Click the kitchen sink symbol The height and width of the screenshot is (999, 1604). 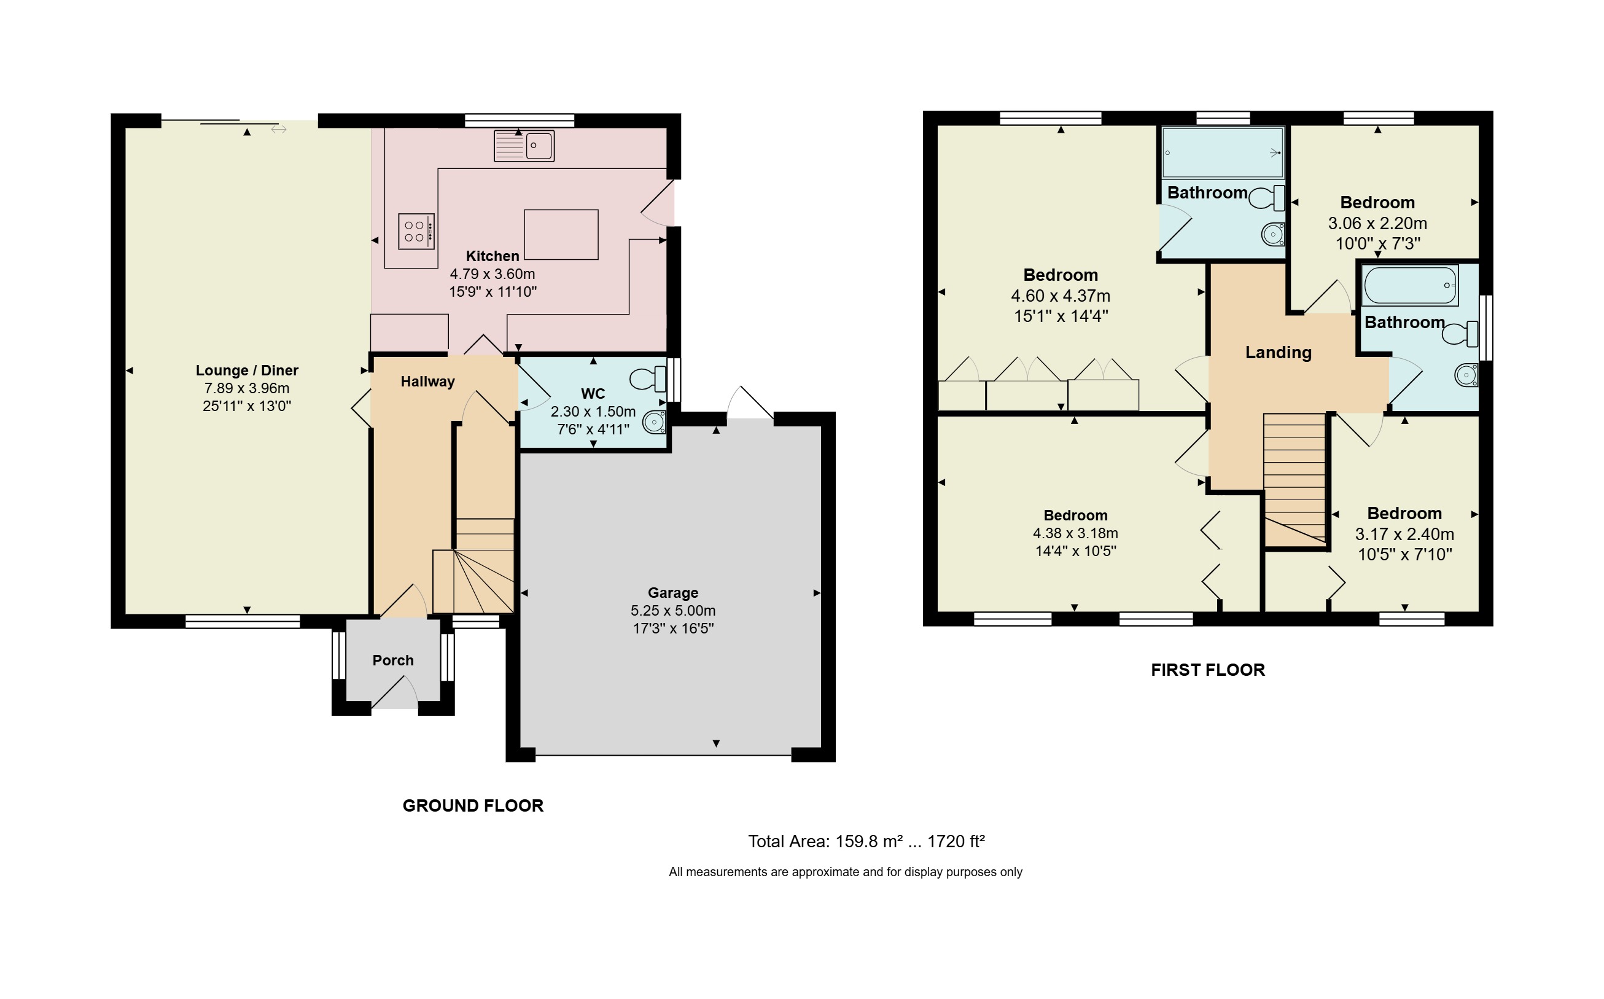[524, 146]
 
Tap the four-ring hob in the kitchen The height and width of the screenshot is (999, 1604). [416, 231]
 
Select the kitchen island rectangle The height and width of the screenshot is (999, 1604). [561, 235]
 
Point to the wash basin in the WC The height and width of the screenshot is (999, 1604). [655, 421]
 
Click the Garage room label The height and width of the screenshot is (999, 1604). [673, 593]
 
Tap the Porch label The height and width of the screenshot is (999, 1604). [393, 660]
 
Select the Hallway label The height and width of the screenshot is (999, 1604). [428, 382]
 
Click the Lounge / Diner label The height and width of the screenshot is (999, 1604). [247, 370]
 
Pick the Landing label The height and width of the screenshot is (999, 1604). [1279, 352]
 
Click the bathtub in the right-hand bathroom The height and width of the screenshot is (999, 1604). [1410, 286]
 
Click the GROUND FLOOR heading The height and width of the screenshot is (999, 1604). [473, 805]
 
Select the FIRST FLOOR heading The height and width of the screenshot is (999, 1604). [1208, 669]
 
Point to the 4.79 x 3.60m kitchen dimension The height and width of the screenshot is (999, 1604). [492, 273]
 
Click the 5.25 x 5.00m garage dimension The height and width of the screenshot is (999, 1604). [673, 611]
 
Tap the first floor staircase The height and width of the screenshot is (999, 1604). [1294, 480]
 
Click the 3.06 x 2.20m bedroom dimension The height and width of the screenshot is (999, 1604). [1377, 223]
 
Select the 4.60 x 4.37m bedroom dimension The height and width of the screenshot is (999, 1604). [1061, 296]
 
